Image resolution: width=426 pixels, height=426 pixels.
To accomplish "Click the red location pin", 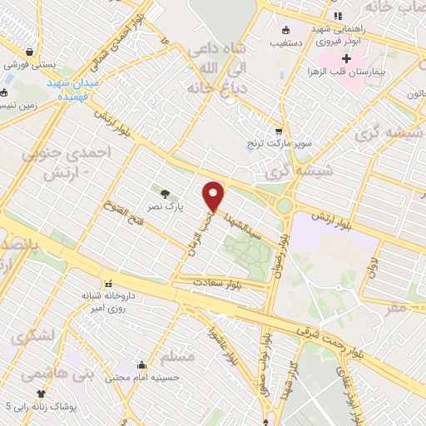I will coord(214,196).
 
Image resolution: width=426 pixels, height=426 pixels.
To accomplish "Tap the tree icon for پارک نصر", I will coord(164,193).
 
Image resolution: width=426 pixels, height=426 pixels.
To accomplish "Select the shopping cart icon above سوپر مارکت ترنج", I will coord(279,131).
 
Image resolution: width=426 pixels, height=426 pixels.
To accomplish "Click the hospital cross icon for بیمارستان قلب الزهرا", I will coord(347,58).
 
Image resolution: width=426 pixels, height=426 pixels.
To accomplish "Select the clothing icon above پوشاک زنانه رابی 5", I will coord(40,394).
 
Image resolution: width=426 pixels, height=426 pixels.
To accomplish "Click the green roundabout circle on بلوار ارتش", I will coord(285,204).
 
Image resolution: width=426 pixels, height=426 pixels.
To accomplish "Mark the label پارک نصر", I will coord(164,205).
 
